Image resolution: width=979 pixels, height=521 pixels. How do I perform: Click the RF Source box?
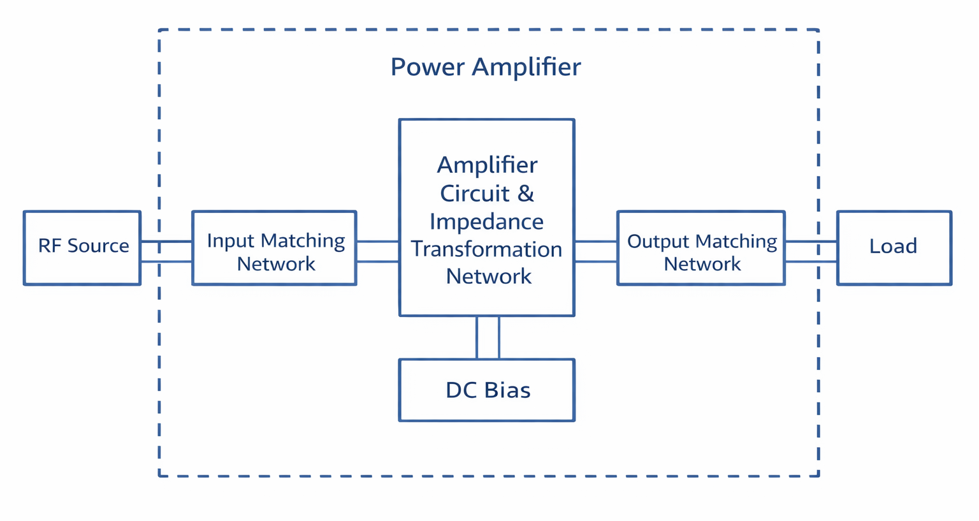pyautogui.click(x=82, y=247)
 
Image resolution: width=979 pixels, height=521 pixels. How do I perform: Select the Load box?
pyautogui.click(x=894, y=247)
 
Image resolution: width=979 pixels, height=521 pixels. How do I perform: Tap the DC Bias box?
pyautogui.click(x=487, y=390)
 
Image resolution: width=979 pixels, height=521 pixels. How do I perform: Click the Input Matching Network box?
pyautogui.click(x=274, y=247)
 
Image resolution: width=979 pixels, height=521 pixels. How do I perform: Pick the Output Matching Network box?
pyautogui.click(x=700, y=247)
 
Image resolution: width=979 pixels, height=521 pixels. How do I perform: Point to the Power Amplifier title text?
pyautogui.click(x=486, y=67)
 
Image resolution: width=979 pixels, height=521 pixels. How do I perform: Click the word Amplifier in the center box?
pyautogui.click(x=487, y=165)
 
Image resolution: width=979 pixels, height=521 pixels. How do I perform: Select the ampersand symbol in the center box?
pyautogui.click(x=526, y=193)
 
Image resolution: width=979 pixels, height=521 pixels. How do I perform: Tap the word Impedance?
pyautogui.click(x=486, y=221)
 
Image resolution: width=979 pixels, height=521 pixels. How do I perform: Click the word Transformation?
pyautogui.click(x=486, y=249)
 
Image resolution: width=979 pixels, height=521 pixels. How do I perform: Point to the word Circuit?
pyautogui.click(x=475, y=193)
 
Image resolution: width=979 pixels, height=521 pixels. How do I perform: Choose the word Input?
pyautogui.click(x=231, y=241)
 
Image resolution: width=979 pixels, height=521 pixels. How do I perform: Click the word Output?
pyautogui.click(x=658, y=242)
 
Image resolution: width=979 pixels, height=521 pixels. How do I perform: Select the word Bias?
pyautogui.click(x=507, y=390)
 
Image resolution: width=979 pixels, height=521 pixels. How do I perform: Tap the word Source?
pyautogui.click(x=98, y=246)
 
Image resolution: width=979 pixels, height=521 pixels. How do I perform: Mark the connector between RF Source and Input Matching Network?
pyautogui.click(x=166, y=251)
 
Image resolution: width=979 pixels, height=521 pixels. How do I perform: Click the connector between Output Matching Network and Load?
pyautogui.click(x=811, y=251)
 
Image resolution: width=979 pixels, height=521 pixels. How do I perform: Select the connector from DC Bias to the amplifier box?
pyautogui.click(x=488, y=337)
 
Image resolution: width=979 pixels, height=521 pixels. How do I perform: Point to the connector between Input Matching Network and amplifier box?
pyautogui.click(x=377, y=251)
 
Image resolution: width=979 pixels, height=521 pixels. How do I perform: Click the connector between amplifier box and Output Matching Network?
pyautogui.click(x=595, y=251)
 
